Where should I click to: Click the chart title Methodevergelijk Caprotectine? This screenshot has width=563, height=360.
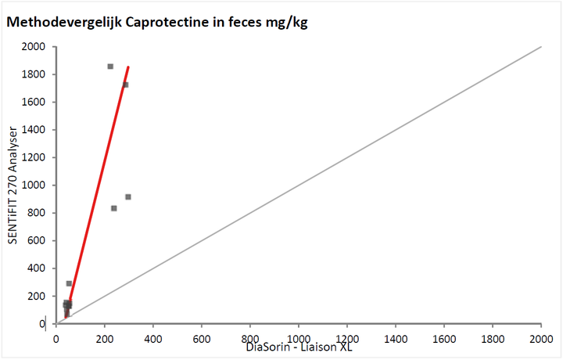[157, 22]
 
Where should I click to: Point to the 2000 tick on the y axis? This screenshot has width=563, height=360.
[33, 47]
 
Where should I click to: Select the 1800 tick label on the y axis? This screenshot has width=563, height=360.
[33, 74]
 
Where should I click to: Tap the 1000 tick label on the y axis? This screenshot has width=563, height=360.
[33, 185]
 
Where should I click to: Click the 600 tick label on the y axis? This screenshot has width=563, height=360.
[36, 241]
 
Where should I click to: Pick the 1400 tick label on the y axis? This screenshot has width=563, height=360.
[33, 130]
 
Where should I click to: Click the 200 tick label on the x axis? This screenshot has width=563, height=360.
[105, 339]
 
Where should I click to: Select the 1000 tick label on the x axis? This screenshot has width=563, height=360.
[299, 339]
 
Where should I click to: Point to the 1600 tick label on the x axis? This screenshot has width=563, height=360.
[444, 339]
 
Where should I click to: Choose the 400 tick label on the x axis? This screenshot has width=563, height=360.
[153, 339]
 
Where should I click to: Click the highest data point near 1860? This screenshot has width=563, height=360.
[110, 67]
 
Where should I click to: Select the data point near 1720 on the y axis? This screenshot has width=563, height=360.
[125, 85]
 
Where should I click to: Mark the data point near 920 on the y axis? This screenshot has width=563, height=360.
[128, 196]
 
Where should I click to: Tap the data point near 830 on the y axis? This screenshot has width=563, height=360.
[114, 208]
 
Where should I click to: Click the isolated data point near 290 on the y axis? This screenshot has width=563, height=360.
[69, 283]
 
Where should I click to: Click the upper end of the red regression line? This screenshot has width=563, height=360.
[128, 67]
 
